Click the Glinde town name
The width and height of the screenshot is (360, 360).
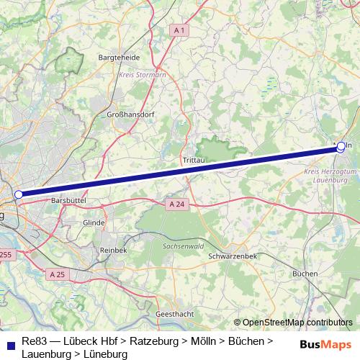(94, 223)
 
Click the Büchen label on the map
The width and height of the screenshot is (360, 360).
(305, 274)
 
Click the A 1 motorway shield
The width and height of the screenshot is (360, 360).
(180, 30)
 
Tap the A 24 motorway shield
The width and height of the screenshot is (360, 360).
(176, 204)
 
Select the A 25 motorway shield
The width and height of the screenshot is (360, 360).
(58, 274)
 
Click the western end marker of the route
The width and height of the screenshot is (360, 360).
(18, 194)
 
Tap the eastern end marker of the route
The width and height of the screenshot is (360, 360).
(341, 147)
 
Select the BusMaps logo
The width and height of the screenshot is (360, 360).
(325, 346)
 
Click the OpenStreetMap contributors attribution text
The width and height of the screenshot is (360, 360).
(297, 323)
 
